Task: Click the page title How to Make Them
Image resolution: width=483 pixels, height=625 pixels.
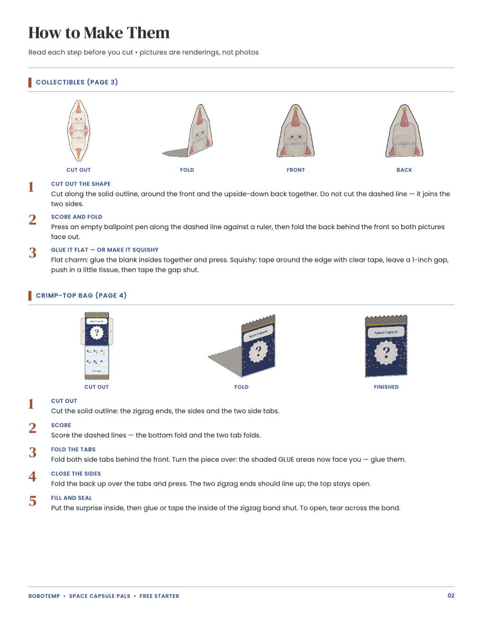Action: pyautogui.click(x=99, y=33)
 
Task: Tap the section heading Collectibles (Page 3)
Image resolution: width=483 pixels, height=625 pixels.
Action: pyautogui.click(x=77, y=82)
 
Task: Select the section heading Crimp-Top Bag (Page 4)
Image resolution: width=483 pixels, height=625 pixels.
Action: pyautogui.click(x=81, y=295)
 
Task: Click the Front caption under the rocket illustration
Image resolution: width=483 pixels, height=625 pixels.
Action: pyautogui.click(x=295, y=170)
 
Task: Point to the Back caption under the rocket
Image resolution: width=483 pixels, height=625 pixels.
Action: pyautogui.click(x=404, y=170)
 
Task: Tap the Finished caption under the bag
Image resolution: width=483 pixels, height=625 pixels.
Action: pyautogui.click(x=386, y=387)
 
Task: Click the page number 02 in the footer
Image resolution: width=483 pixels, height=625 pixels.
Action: pyautogui.click(x=451, y=595)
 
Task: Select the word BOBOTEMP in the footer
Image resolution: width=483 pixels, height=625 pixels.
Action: pyautogui.click(x=44, y=596)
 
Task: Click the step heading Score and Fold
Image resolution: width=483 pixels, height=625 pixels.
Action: pyautogui.click(x=77, y=217)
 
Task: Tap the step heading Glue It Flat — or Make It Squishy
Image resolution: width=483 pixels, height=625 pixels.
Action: pyautogui.click(x=105, y=250)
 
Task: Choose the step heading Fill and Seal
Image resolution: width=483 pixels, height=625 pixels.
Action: pyautogui.click(x=72, y=498)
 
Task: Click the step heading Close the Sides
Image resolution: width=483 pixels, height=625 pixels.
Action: pyautogui.click(x=76, y=473)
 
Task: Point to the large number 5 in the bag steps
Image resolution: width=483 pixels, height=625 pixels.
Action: pyautogui.click(x=33, y=501)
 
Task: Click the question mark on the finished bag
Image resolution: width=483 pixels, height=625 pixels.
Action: pyautogui.click(x=386, y=352)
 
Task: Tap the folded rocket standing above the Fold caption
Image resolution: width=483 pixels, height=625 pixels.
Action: pyautogui.click(x=200, y=131)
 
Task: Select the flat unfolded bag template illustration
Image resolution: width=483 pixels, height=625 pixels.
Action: pyautogui.click(x=97, y=346)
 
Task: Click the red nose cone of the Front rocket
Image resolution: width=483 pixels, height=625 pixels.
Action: pyautogui.click(x=295, y=118)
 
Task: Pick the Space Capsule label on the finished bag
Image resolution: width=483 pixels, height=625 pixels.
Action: pyautogui.click(x=386, y=332)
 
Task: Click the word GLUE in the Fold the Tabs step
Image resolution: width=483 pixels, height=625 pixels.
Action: pyautogui.click(x=286, y=459)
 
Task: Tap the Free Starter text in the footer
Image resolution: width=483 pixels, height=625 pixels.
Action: pyautogui.click(x=160, y=596)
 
